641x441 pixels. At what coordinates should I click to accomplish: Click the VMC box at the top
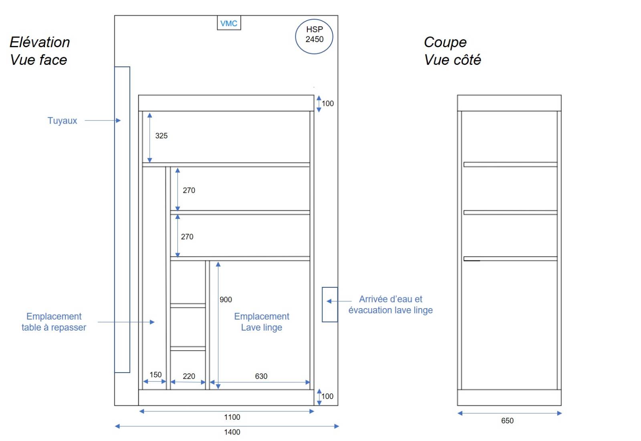pyautogui.click(x=229, y=23)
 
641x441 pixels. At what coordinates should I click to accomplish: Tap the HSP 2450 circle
pyautogui.click(x=314, y=36)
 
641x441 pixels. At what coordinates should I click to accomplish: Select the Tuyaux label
pyautogui.click(x=62, y=120)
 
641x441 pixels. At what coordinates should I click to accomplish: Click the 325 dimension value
pyautogui.click(x=161, y=136)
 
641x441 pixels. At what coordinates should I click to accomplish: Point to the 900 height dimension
pyautogui.click(x=226, y=299)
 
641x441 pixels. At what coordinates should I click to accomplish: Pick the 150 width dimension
pyautogui.click(x=155, y=375)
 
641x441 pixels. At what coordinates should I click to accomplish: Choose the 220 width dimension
pyautogui.click(x=189, y=376)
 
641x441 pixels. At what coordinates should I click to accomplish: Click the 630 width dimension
pyautogui.click(x=261, y=376)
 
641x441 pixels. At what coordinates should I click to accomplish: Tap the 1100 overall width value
pyautogui.click(x=232, y=417)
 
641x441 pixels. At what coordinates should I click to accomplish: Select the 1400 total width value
pyautogui.click(x=232, y=432)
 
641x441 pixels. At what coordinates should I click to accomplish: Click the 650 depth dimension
pyautogui.click(x=507, y=421)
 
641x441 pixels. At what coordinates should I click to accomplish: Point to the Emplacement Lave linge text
pyautogui.click(x=262, y=322)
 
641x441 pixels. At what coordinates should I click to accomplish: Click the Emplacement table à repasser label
pyautogui.click(x=54, y=322)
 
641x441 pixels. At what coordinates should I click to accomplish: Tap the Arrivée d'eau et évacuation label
pyautogui.click(x=391, y=305)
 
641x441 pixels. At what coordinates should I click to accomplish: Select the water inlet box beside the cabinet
pyautogui.click(x=330, y=305)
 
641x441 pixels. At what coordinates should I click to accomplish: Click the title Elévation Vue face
pyautogui.click(x=40, y=51)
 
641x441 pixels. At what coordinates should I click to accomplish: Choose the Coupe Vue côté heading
pyautogui.click(x=452, y=51)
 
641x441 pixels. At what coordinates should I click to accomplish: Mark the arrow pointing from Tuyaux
pyautogui.click(x=103, y=120)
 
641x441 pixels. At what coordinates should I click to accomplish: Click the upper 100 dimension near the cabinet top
pyautogui.click(x=327, y=104)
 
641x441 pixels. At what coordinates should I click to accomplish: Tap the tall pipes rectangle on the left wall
pyautogui.click(x=122, y=220)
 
